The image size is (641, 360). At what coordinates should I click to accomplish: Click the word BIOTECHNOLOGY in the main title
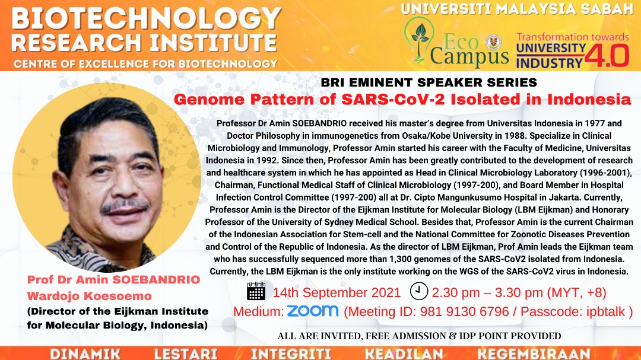(147, 19)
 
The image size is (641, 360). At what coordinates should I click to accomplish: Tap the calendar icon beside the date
(256, 291)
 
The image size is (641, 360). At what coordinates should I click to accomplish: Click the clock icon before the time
(419, 291)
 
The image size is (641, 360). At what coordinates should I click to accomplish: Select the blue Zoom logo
(313, 311)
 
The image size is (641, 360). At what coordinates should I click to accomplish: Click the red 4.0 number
(607, 56)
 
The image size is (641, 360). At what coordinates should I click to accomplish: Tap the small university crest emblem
(493, 43)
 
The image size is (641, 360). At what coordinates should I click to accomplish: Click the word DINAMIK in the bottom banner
(85, 354)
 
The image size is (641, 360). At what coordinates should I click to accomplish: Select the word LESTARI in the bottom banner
(186, 354)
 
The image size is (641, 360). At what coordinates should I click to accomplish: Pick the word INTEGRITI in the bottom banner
(291, 354)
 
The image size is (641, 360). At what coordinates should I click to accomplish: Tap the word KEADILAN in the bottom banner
(404, 354)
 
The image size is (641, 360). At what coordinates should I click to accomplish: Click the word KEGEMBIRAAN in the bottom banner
(534, 354)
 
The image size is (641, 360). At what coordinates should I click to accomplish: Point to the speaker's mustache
(124, 206)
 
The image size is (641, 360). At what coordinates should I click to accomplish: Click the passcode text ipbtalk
(606, 312)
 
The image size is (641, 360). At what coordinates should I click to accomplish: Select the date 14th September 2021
(337, 292)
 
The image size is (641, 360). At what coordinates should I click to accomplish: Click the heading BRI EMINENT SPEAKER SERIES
(429, 82)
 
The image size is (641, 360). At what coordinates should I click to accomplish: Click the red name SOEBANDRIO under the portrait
(156, 280)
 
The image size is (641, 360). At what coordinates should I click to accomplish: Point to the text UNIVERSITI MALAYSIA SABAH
(517, 9)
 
